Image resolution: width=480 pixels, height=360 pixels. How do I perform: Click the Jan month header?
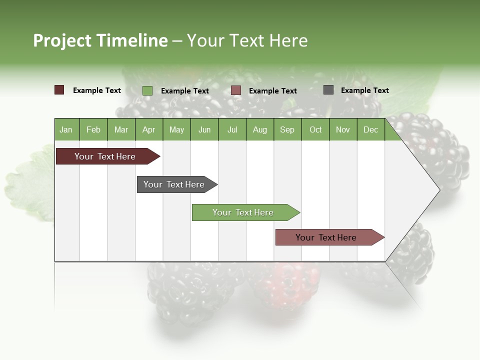point(66,129)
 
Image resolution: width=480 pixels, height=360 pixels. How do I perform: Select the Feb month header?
point(93,129)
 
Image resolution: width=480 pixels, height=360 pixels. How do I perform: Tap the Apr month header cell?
point(148,129)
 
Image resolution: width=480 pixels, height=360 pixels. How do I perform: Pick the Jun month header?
point(204,129)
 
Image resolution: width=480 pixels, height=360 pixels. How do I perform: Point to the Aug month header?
point(260,129)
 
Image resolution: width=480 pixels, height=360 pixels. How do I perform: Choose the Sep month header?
point(287,129)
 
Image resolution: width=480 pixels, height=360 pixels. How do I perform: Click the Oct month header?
point(315,129)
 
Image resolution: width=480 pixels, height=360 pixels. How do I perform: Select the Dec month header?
point(371,129)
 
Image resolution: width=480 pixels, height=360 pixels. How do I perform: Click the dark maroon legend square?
point(59,90)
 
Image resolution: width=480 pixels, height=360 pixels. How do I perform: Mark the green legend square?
point(147,90)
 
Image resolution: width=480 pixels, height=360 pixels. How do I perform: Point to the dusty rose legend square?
point(236,90)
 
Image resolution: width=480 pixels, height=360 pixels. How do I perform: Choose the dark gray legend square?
point(328,90)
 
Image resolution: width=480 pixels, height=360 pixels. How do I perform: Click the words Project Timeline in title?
point(100,40)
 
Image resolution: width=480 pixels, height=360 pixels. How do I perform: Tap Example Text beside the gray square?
point(364,90)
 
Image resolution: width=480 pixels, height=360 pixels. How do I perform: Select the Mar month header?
point(121,129)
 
